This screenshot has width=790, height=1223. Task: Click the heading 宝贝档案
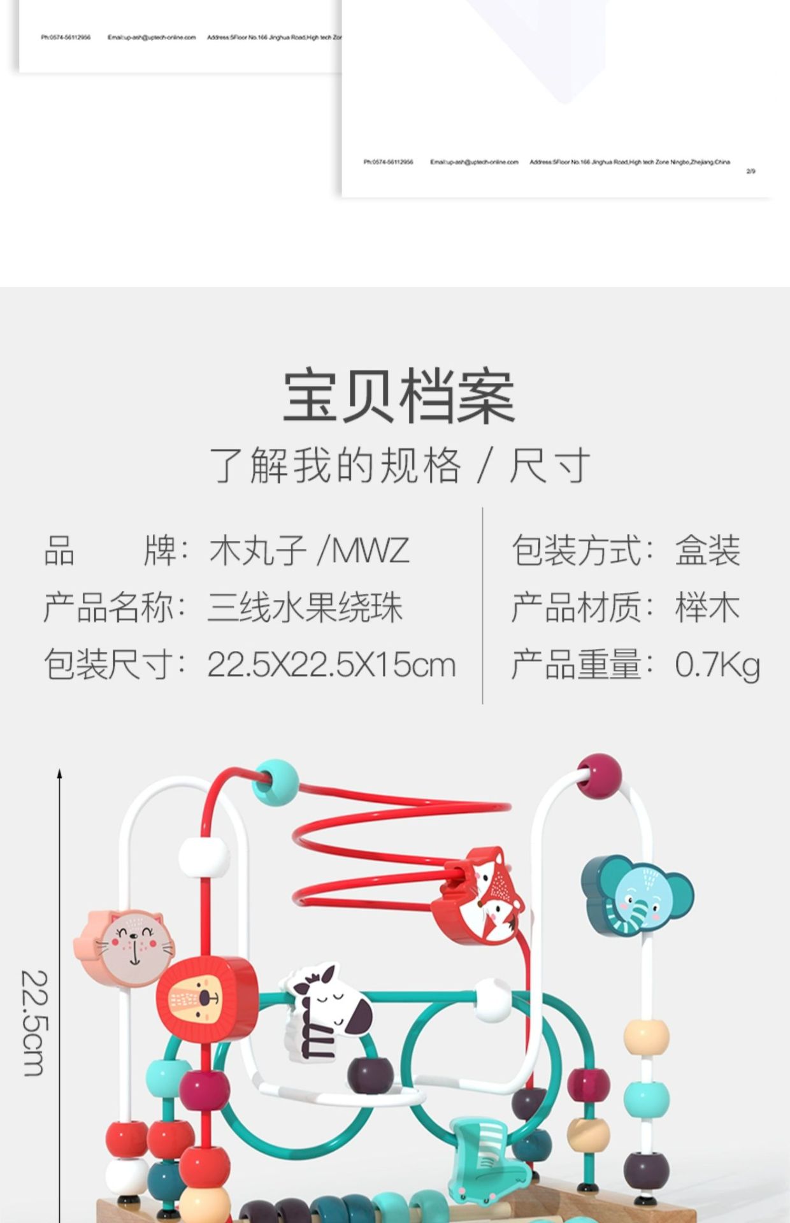[x=399, y=396]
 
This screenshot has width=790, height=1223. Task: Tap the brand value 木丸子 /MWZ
[x=309, y=551]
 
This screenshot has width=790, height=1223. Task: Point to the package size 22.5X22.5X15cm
[x=331, y=665]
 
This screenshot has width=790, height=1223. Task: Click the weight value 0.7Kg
[x=717, y=665]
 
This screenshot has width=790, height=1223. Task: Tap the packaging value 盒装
[x=707, y=551]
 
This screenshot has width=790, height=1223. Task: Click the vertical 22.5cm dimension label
[x=33, y=1023]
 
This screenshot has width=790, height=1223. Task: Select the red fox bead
[x=481, y=896]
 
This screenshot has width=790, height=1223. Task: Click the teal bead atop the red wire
[x=276, y=782]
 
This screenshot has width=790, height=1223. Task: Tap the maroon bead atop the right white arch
[x=599, y=775]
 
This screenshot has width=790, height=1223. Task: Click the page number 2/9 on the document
[x=750, y=171]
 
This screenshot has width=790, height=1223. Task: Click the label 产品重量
[x=577, y=665]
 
